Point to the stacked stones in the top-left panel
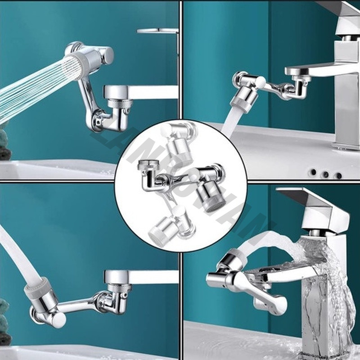click(4, 144)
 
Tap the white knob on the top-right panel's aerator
click(261, 81)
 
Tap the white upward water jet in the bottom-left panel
click(13, 252)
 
